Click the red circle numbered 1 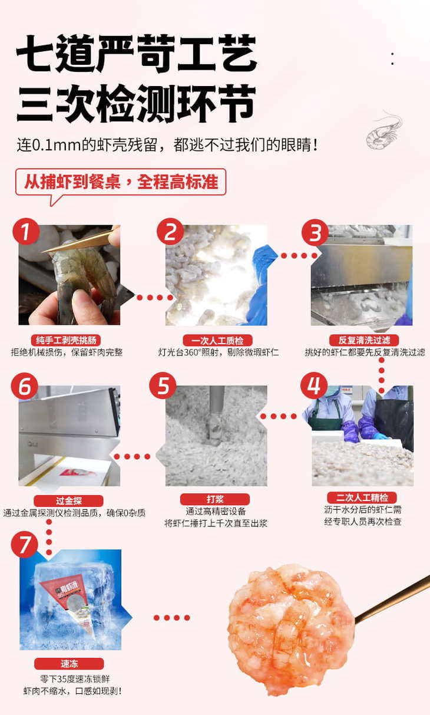pyautogui.click(x=26, y=232)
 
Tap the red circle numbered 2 pyautogui.click(x=170, y=232)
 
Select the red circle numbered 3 pyautogui.click(x=315, y=232)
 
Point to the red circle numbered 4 pyautogui.click(x=314, y=385)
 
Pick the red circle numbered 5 pyautogui.click(x=163, y=385)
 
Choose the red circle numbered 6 pyautogui.click(x=25, y=386)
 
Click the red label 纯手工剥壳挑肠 pyautogui.click(x=66, y=340)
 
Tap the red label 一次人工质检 pyautogui.click(x=217, y=341)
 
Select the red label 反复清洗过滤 pyautogui.click(x=364, y=340)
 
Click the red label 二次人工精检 pyautogui.click(x=362, y=497)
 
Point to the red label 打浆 pyautogui.click(x=215, y=499)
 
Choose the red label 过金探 pyautogui.click(x=68, y=501)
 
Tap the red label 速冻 pyautogui.click(x=70, y=664)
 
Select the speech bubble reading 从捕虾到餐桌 pyautogui.click(x=121, y=184)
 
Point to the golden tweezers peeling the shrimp pyautogui.click(x=81, y=239)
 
